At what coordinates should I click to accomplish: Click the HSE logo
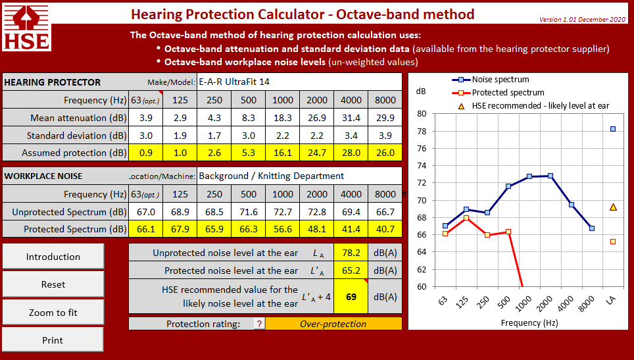(26, 27)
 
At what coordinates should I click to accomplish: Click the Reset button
(53, 284)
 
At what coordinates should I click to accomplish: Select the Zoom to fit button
(53, 312)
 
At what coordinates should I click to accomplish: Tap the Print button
(53, 340)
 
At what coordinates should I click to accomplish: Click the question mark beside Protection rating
(259, 324)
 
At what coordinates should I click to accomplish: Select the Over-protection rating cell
(333, 324)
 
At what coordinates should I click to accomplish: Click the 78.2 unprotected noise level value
(351, 253)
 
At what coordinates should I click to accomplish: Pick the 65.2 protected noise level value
(351, 270)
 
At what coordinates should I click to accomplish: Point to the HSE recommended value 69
(351, 296)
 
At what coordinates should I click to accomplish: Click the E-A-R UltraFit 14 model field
(299, 82)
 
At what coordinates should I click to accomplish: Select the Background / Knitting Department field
(299, 176)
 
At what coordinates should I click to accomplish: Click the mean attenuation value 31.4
(351, 118)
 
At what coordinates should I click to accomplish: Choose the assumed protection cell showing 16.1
(283, 153)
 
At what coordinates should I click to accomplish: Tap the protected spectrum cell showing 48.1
(316, 229)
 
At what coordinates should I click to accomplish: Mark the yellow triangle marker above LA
(613, 207)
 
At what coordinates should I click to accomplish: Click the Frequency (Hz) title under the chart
(529, 322)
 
